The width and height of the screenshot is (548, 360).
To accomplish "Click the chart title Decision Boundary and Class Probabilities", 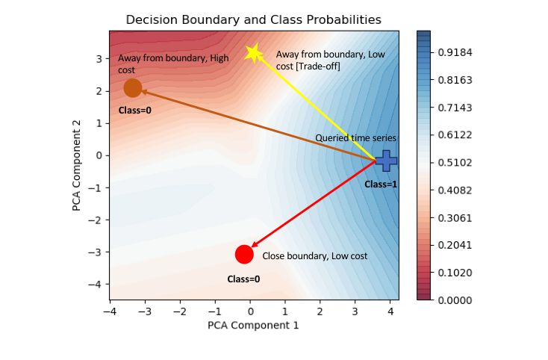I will [x=253, y=19].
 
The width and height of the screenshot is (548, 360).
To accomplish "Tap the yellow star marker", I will [x=253, y=53].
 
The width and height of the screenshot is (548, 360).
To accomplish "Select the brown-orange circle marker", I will [x=133, y=88].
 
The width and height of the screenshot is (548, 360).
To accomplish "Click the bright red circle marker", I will [x=243, y=254].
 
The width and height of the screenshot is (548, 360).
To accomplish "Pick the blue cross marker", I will [x=386, y=160].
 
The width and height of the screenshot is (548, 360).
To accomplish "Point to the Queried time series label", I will [x=355, y=138].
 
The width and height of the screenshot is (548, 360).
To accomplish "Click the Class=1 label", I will [x=381, y=184].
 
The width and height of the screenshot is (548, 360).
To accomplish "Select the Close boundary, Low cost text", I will [x=314, y=256].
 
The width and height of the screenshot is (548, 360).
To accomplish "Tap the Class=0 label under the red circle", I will [x=243, y=279].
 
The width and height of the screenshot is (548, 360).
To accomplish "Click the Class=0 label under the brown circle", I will [x=134, y=111].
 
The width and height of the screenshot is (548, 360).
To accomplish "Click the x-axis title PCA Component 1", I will [x=253, y=325].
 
